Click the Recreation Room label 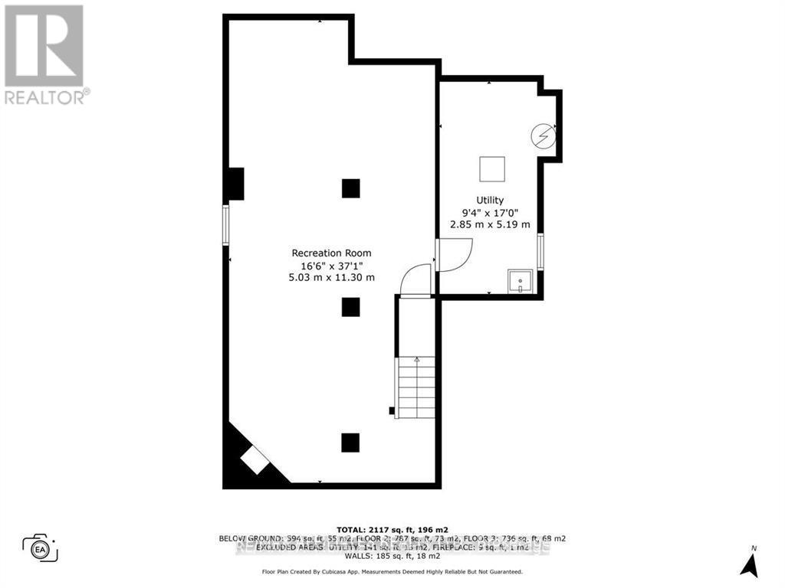click(331, 253)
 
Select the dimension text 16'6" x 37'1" click(331, 265)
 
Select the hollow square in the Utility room click(492, 168)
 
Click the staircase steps click(416, 387)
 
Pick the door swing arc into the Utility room click(455, 253)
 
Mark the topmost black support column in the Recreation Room click(350, 188)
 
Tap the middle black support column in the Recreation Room click(350, 306)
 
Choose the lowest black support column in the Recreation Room click(350, 443)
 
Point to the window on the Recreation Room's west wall click(226, 224)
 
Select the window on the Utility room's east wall click(540, 252)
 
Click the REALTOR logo click(44, 54)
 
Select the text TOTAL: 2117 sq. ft click(392, 529)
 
